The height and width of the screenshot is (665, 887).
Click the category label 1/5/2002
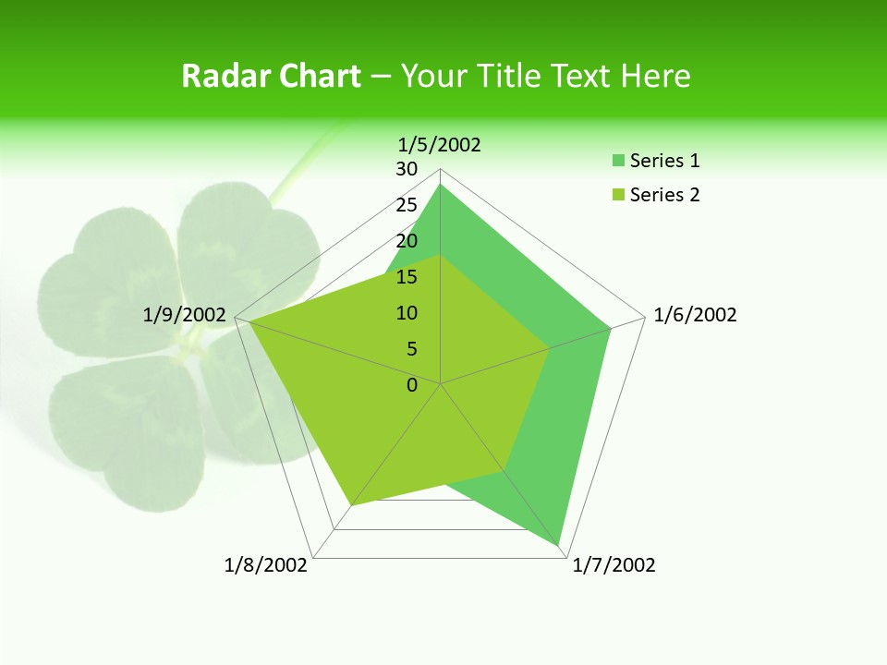pyautogui.click(x=440, y=144)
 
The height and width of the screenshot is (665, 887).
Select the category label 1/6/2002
pyautogui.click(x=695, y=315)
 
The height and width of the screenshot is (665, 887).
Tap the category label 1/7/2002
pyautogui.click(x=614, y=565)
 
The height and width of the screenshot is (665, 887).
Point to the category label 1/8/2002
pyautogui.click(x=266, y=565)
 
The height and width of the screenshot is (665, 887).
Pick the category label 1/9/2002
pyautogui.click(x=185, y=315)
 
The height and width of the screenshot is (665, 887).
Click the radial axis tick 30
pyautogui.click(x=407, y=169)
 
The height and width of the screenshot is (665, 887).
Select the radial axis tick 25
pyautogui.click(x=407, y=205)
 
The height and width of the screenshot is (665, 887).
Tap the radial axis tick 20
pyautogui.click(x=407, y=241)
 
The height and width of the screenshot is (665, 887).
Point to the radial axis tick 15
pyautogui.click(x=407, y=277)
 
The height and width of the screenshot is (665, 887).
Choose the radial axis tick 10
pyautogui.click(x=407, y=313)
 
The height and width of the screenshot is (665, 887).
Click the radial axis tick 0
pyautogui.click(x=412, y=385)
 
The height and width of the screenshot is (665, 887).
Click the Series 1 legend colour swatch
pyautogui.click(x=617, y=161)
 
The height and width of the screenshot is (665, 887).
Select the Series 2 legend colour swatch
pyautogui.click(x=617, y=195)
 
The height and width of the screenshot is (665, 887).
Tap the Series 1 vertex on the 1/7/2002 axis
pyautogui.click(x=559, y=546)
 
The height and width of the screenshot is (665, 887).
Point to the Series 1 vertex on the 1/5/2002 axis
pyautogui.click(x=441, y=185)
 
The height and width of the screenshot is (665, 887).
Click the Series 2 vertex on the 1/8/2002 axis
pyautogui.click(x=351, y=506)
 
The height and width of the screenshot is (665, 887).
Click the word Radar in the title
pyautogui.click(x=219, y=76)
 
